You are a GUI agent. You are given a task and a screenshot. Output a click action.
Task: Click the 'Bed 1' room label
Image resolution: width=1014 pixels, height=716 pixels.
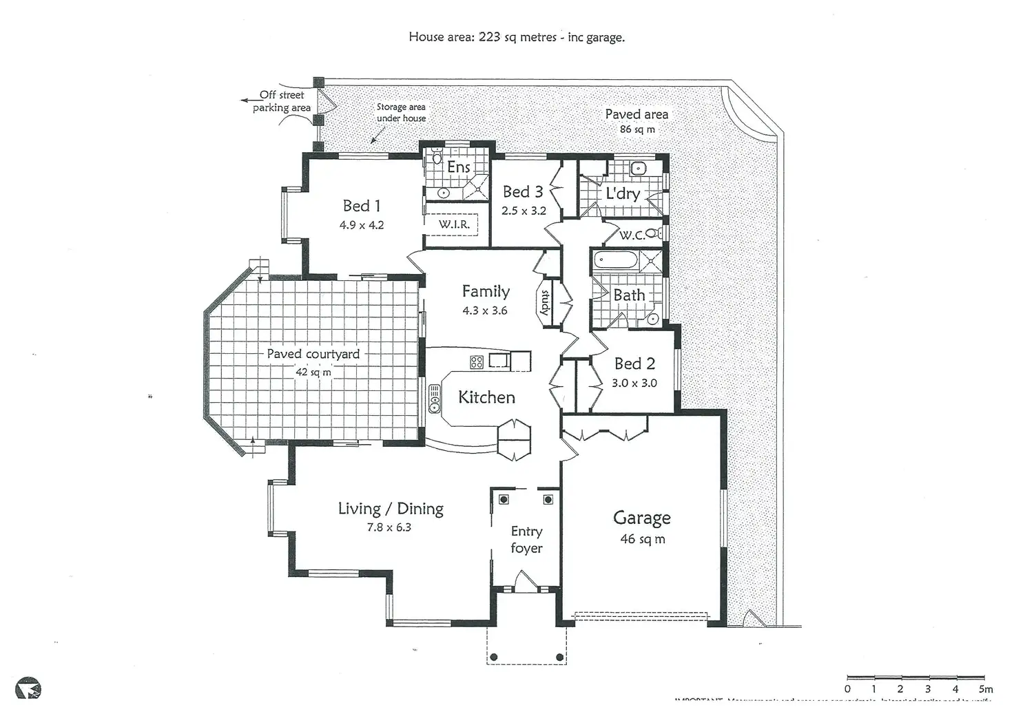[362, 206]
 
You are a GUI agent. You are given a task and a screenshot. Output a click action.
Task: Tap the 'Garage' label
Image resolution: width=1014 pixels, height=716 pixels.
[642, 518]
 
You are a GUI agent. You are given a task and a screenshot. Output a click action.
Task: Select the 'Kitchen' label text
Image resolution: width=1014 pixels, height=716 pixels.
[486, 397]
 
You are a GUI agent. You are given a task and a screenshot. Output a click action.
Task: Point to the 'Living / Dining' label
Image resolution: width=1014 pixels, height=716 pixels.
[390, 509]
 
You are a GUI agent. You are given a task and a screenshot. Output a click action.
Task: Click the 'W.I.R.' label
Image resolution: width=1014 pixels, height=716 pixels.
[454, 224]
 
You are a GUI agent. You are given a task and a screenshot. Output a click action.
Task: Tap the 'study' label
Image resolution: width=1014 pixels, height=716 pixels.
[545, 302]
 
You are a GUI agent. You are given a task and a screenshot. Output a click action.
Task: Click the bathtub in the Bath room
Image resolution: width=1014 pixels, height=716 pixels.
[614, 262]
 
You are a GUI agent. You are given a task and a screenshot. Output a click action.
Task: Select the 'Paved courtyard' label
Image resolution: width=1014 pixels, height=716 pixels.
[313, 354]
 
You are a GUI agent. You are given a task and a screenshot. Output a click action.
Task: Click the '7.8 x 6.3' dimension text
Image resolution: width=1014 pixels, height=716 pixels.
[389, 528]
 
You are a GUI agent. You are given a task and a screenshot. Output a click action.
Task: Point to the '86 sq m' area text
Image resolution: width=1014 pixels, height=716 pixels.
[637, 129]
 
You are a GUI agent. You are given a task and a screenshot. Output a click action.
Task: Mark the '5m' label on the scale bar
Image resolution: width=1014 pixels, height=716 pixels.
[985, 688]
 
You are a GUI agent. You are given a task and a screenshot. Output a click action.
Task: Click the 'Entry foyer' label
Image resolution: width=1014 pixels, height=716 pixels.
[526, 540]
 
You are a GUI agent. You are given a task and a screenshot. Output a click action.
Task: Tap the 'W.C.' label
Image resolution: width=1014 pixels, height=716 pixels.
[632, 235]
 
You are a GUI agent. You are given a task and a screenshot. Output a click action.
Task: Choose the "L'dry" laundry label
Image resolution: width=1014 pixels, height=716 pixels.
[623, 193]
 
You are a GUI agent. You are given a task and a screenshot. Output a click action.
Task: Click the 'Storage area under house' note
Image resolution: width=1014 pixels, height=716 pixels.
[401, 113]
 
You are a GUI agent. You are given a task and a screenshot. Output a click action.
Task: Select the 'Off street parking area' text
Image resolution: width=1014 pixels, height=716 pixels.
[282, 101]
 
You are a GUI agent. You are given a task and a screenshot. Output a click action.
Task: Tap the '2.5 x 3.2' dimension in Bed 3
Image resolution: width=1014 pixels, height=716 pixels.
[524, 211]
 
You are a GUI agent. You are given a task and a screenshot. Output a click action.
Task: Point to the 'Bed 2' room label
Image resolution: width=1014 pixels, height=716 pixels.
[634, 364]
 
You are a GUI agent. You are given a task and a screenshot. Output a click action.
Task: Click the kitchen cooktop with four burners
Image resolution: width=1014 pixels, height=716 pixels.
[477, 361]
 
